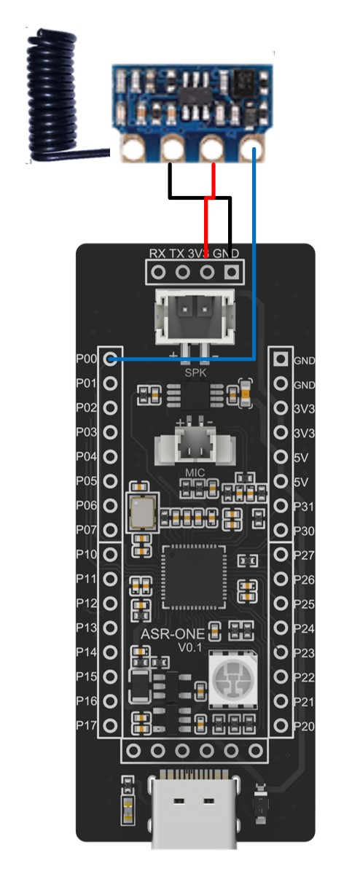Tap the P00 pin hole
[x=111, y=359]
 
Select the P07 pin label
[x=86, y=530]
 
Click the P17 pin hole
[x=110, y=725]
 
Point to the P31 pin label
[x=304, y=507]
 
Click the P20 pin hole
[x=281, y=725]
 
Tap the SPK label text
[x=195, y=372]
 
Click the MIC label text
[x=195, y=472]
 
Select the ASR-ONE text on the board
[x=173, y=634]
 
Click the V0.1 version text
[x=190, y=648]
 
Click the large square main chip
[x=195, y=577]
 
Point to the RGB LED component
[x=233, y=678]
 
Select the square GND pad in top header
[x=231, y=272]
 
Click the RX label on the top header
[x=157, y=253]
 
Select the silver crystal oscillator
[x=142, y=512]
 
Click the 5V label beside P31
[x=301, y=482]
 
